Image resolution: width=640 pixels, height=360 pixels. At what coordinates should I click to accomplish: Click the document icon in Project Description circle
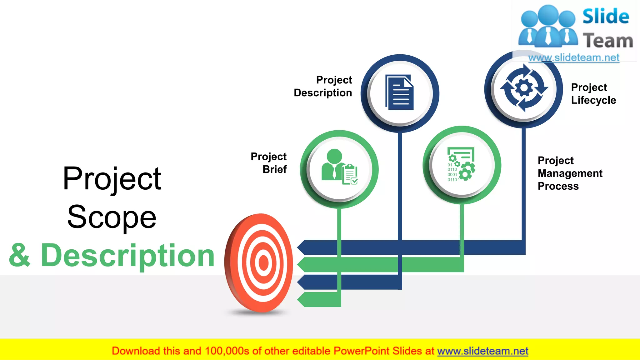(x=400, y=92)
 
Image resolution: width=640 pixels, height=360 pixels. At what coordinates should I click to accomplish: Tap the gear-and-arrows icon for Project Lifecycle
(x=524, y=88)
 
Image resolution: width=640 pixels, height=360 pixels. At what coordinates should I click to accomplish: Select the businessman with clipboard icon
(x=339, y=167)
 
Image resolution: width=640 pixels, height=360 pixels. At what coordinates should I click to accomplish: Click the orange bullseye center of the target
(x=263, y=263)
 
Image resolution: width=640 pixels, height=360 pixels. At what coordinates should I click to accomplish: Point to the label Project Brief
(x=269, y=163)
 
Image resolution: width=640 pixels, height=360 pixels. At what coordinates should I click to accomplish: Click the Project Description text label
(x=323, y=86)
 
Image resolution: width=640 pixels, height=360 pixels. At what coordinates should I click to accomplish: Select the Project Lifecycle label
(x=593, y=94)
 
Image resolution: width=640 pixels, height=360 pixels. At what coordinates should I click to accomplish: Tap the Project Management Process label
(x=570, y=173)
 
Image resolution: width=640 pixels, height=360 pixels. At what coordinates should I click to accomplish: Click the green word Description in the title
(x=127, y=256)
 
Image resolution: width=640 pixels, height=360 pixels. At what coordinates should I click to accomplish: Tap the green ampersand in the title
(x=20, y=256)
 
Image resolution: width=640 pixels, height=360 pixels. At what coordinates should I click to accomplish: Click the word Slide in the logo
(x=605, y=17)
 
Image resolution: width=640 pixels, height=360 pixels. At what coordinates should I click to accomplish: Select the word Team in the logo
(x=607, y=41)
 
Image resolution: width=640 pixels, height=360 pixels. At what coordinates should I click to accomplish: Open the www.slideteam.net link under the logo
(x=573, y=58)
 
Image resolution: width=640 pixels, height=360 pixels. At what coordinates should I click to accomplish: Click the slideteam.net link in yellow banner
(x=482, y=351)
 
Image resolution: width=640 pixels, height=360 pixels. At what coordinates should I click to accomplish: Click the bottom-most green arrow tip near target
(x=302, y=300)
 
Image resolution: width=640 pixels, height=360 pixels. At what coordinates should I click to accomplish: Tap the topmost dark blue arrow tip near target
(x=302, y=247)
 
